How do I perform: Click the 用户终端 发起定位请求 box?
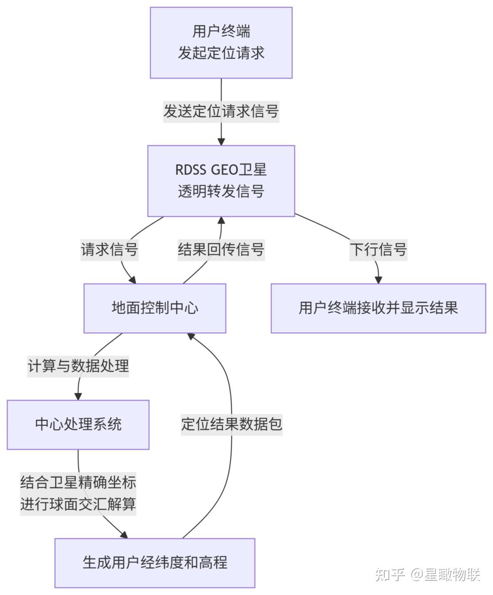[221, 42]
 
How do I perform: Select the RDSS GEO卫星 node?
[221, 181]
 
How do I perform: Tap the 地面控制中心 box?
[155, 308]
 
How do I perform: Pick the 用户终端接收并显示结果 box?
[378, 308]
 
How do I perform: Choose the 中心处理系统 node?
[78, 425]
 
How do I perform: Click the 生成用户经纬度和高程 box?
[155, 563]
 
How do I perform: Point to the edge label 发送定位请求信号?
[221, 111]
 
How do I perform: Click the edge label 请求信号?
[109, 250]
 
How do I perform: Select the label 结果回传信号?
[221, 250]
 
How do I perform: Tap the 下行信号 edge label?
[378, 250]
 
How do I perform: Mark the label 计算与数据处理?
[78, 366]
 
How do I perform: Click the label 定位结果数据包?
[231, 424]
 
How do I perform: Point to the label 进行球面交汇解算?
[78, 505]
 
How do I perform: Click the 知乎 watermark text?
[389, 574]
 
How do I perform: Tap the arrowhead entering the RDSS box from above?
[221, 141]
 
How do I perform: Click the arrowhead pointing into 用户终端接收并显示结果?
[378, 279]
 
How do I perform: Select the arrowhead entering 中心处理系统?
[78, 396]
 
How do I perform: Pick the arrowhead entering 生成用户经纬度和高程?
[124, 534]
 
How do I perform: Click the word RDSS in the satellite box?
[191, 170]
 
